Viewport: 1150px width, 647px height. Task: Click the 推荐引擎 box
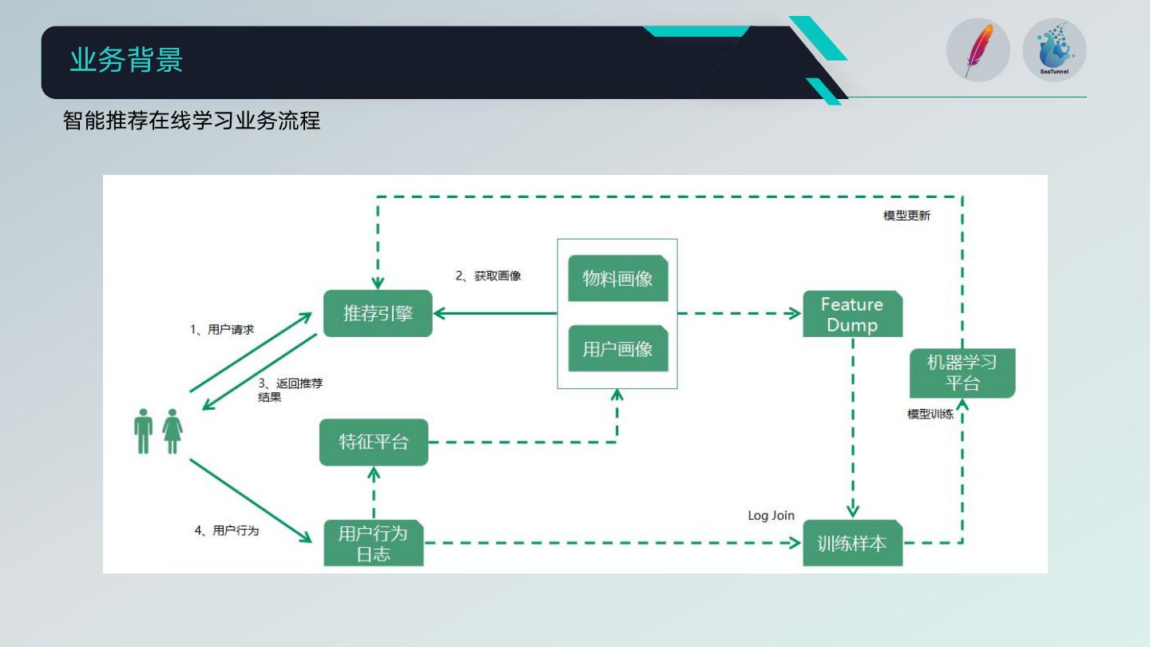click(x=378, y=313)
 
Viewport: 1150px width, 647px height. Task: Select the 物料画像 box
click(x=617, y=278)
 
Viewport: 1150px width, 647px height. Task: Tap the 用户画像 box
click(x=617, y=348)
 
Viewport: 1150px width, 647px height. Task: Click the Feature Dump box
click(x=852, y=315)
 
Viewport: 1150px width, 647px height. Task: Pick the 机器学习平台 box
click(x=962, y=373)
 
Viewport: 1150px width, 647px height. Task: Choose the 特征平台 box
click(x=374, y=442)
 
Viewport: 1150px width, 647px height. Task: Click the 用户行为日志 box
click(x=373, y=543)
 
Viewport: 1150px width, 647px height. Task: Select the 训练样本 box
click(x=852, y=543)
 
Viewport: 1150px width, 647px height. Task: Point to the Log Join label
click(x=771, y=515)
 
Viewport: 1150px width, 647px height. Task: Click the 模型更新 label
click(x=906, y=216)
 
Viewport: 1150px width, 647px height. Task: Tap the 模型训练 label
click(x=930, y=415)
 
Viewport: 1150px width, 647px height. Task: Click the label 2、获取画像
click(x=488, y=276)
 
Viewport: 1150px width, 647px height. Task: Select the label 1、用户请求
click(x=222, y=329)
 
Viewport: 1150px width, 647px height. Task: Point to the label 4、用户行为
click(x=227, y=530)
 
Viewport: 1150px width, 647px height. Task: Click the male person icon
click(x=144, y=431)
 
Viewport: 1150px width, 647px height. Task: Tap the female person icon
click(x=172, y=431)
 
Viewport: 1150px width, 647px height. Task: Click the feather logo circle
click(x=978, y=50)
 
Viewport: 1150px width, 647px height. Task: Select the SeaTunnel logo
click(x=1054, y=50)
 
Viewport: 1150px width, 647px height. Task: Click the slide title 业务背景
click(x=126, y=61)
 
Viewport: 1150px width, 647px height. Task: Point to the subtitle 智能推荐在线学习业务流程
click(x=192, y=121)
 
